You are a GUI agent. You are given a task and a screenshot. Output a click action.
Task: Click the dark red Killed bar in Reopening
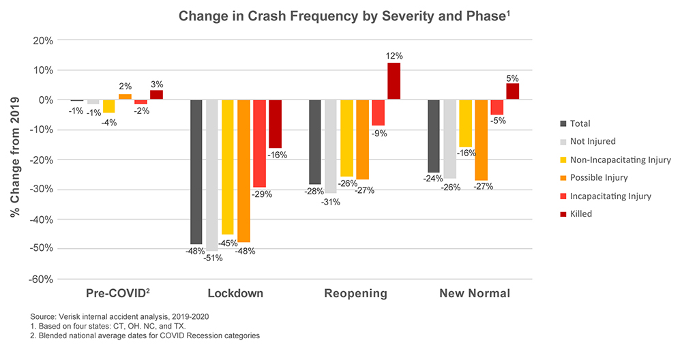394,81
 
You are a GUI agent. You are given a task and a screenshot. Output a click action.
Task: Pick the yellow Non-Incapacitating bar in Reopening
346,138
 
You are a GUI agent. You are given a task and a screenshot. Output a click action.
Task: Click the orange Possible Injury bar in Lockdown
243,171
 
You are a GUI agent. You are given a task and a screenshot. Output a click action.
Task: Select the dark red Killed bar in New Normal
513,91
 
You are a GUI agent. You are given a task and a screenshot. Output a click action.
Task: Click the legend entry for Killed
581,214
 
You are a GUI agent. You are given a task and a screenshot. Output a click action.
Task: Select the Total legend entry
580,123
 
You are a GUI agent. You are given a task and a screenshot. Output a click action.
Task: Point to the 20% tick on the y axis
43,40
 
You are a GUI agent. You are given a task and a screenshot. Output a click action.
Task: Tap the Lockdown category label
235,294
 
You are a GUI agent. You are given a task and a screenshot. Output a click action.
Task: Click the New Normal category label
475,294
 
